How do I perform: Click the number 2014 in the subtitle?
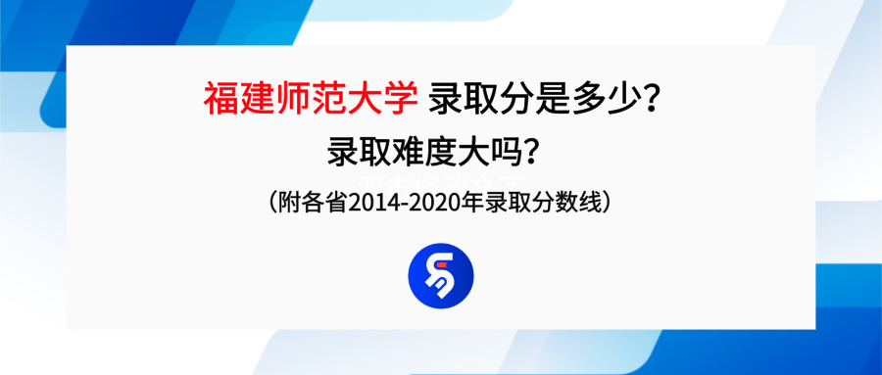pyautogui.click(x=377, y=204)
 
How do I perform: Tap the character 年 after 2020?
pyautogui.click(x=478, y=204)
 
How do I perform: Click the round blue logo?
pyautogui.click(x=440, y=275)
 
